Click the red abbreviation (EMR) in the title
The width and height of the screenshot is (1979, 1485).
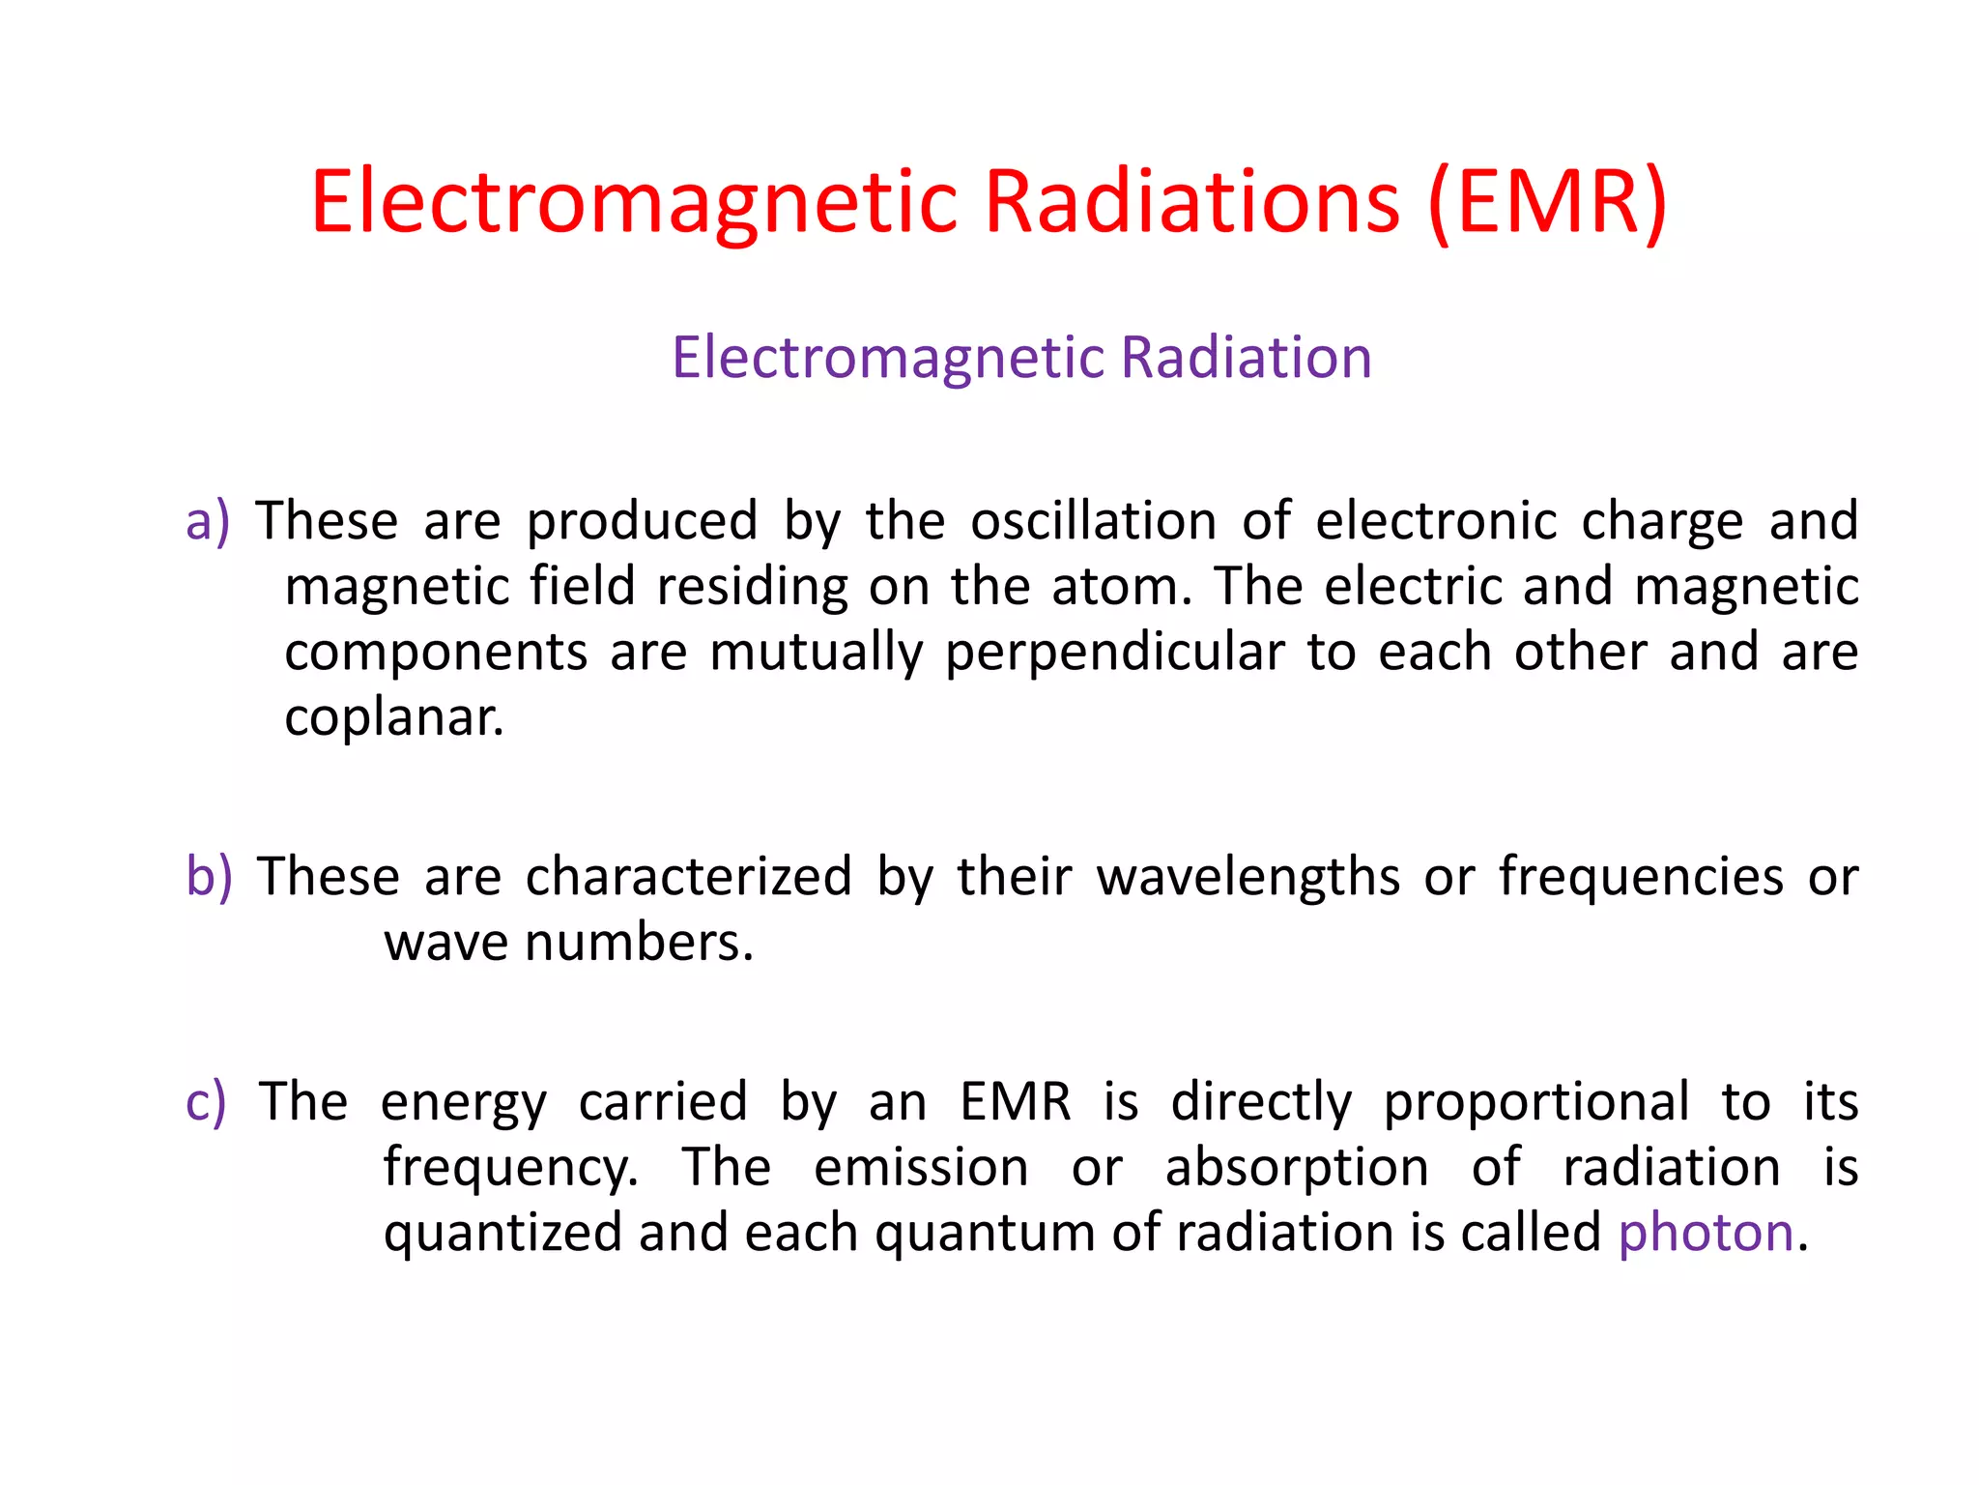point(1548,202)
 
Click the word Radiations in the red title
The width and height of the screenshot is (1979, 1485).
point(1191,202)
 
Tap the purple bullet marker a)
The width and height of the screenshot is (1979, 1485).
point(208,521)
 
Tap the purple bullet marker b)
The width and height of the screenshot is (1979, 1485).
point(209,877)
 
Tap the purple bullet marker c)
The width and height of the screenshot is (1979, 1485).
point(206,1102)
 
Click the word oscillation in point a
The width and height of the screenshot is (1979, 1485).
point(1093,521)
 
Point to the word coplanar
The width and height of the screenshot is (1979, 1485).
point(393,717)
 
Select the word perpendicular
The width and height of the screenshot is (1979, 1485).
point(1114,652)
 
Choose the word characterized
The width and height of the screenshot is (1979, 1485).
point(688,877)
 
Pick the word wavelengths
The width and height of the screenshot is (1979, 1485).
point(1248,877)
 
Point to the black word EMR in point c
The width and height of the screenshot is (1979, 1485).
point(1015,1102)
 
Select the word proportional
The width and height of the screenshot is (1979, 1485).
point(1536,1102)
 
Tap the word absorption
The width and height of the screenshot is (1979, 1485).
point(1296,1167)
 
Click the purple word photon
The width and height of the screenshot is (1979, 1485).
point(1706,1233)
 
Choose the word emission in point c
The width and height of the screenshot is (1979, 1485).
point(921,1167)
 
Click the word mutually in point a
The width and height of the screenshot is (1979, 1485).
point(817,652)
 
